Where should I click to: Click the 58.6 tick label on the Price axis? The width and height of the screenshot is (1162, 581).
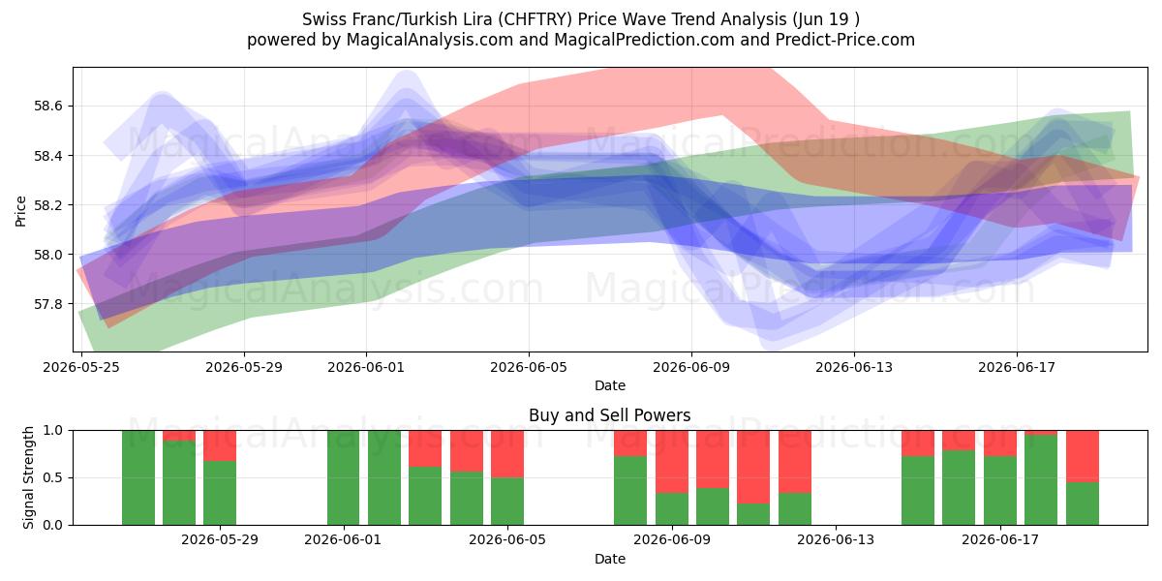tap(47, 107)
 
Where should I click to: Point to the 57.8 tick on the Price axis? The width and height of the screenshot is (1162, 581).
tap(47, 304)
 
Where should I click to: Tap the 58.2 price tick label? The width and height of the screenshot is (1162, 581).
tap(47, 205)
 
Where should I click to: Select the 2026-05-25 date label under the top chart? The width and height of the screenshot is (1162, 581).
tap(81, 367)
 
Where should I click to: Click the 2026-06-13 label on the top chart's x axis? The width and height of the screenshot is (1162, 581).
tap(854, 367)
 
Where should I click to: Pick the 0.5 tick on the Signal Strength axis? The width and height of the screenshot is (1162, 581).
tap(52, 477)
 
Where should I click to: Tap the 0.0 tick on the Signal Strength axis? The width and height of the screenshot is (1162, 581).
tap(52, 525)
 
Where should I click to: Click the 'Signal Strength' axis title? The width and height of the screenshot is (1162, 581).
tap(28, 477)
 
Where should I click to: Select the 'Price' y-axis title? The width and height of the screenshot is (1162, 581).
tap(20, 211)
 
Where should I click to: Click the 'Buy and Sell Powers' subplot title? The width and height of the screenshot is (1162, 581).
tap(609, 415)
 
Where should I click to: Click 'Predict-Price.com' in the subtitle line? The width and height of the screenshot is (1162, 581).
tap(845, 40)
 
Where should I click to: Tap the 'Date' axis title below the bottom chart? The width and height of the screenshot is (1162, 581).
tap(609, 559)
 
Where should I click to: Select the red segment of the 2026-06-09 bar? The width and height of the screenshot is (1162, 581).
tap(672, 461)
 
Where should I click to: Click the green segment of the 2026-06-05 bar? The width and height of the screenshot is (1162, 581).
tap(507, 502)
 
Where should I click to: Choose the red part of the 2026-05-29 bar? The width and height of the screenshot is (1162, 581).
tap(220, 445)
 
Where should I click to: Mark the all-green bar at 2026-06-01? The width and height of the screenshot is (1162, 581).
tap(344, 477)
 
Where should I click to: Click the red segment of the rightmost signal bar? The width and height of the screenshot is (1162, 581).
tap(1083, 456)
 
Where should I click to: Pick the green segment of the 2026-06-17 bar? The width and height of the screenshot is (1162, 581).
tap(1000, 490)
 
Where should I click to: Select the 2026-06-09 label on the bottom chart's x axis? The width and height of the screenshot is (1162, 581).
tap(672, 540)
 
